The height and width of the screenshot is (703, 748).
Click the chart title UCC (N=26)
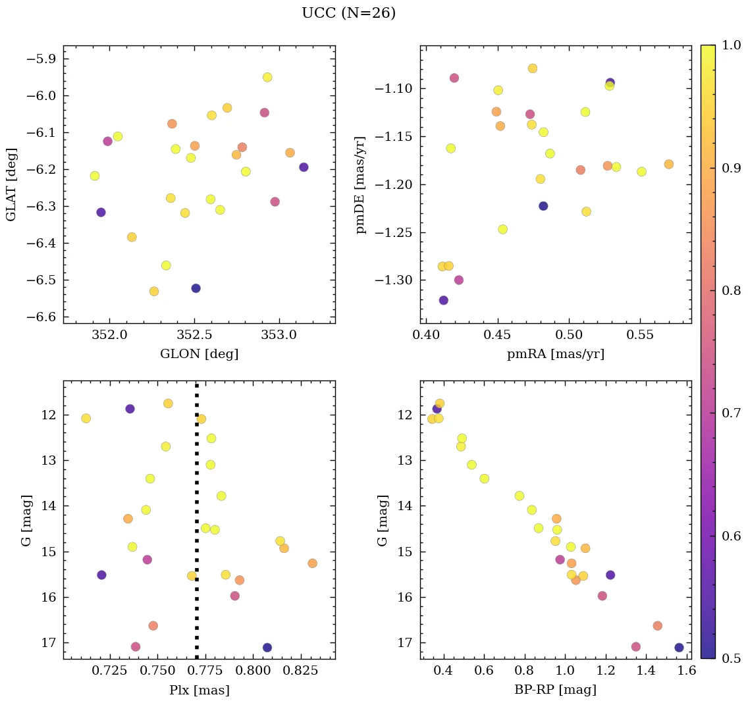pyautogui.click(x=348, y=13)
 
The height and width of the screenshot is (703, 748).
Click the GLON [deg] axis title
pyautogui.click(x=199, y=354)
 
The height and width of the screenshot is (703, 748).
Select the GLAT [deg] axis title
pyautogui.click(x=11, y=184)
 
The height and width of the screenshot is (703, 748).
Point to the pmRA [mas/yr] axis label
pyautogui.click(x=555, y=354)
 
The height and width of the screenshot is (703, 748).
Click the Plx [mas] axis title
pyautogui.click(x=199, y=690)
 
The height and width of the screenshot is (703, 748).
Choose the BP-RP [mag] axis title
pyautogui.click(x=555, y=690)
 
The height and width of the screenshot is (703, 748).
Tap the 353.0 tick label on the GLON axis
pyautogui.click(x=279, y=336)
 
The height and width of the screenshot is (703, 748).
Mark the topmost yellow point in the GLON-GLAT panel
pyautogui.click(x=267, y=77)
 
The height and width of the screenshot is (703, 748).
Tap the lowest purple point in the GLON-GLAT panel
pyautogui.click(x=196, y=288)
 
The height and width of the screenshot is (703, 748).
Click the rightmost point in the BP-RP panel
pyautogui.click(x=679, y=648)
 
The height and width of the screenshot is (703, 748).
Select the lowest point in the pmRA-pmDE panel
pyautogui.click(x=443, y=300)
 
